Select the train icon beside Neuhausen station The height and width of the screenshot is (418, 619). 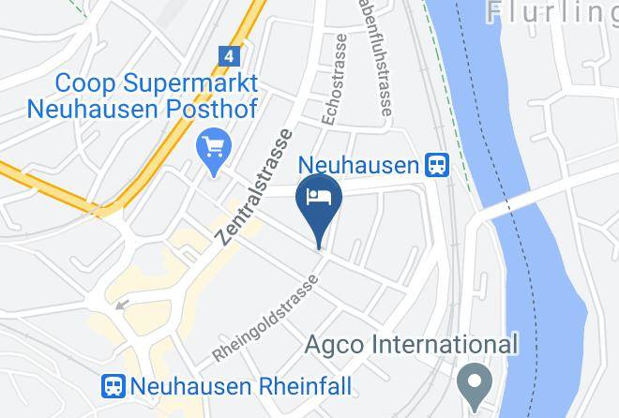[x=437, y=166]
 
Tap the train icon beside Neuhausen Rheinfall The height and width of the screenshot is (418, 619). [x=114, y=385]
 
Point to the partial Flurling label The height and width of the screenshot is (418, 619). [x=553, y=13]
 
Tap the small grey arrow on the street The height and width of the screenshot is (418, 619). [x=120, y=304]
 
